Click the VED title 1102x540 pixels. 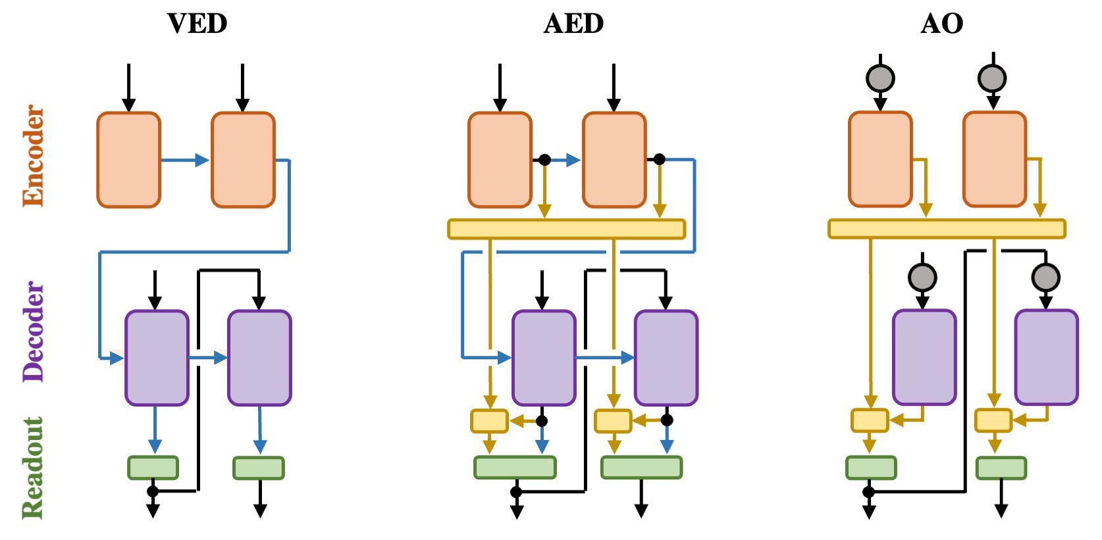197,24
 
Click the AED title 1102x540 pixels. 573,24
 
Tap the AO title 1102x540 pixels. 941,24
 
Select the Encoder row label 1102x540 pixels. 33,156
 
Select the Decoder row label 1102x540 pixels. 33,331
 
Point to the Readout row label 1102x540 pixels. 33,468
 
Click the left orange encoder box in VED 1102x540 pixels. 129,160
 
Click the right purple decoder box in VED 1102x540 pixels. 259,358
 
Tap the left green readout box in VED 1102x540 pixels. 153,468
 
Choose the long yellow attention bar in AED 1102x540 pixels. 566,229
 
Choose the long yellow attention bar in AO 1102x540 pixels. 947,229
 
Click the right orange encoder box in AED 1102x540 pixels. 614,160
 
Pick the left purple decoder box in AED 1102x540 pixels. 544,358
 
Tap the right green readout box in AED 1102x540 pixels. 641,467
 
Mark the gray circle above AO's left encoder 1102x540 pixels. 880,78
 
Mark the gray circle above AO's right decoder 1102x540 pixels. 1045,278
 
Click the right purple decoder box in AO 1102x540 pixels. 1046,357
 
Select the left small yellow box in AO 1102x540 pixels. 870,420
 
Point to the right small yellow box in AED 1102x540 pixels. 613,421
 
